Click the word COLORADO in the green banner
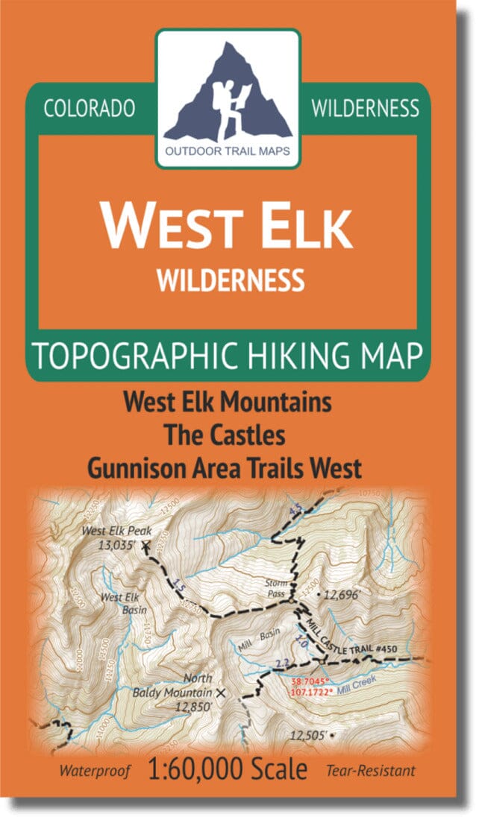coord(90,108)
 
